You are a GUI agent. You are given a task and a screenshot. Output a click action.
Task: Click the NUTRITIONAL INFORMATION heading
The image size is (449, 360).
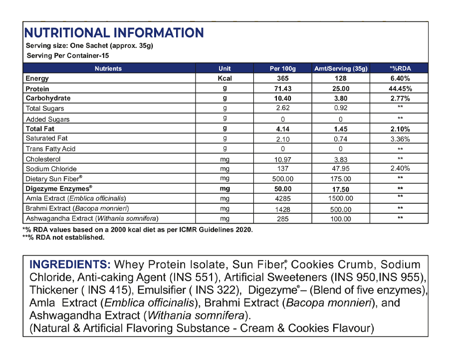pos(114,33)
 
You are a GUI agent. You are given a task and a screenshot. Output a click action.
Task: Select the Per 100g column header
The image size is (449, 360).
pos(283,68)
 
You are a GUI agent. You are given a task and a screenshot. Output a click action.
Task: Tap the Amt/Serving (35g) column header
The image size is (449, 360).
pos(341,68)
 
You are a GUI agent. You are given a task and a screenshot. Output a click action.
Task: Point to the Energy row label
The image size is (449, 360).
pos(37,78)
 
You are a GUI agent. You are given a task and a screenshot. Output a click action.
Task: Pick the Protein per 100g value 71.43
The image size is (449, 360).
pos(283,88)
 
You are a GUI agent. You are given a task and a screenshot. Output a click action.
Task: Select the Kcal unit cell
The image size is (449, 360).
pos(225,78)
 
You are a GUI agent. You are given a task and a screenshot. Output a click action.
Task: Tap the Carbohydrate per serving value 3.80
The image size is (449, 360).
pos(341,98)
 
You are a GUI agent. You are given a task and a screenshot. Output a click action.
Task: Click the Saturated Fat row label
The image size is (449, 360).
pos(46,138)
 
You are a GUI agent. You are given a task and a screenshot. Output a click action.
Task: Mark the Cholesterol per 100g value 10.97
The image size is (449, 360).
pos(283,159)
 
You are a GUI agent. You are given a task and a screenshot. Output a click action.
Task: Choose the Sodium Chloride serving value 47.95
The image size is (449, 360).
pos(341,169)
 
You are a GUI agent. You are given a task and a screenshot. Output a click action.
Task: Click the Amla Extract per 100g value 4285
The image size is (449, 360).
pos(283,199)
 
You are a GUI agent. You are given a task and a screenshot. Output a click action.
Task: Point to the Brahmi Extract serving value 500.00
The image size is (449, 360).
pos(341,209)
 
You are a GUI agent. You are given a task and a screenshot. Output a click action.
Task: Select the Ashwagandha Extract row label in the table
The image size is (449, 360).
pos(92,219)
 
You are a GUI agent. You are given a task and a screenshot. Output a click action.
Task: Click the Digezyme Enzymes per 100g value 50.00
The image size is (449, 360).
pos(283,189)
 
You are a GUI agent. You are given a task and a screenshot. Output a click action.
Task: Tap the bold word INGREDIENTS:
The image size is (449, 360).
pos(70,265)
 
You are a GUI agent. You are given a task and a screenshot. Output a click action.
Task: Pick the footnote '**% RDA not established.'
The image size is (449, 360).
pos(63,238)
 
